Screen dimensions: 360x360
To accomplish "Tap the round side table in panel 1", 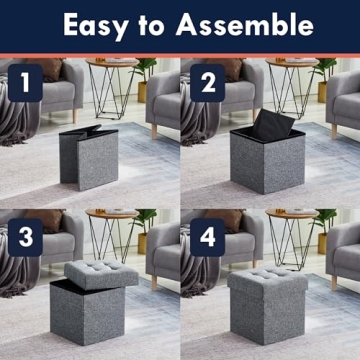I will [111, 84].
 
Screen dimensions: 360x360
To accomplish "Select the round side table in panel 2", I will [292, 84].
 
